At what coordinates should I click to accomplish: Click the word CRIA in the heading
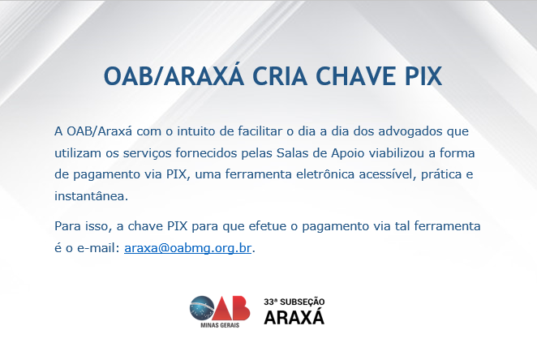pyautogui.click(x=280, y=76)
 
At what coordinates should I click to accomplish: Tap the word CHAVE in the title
pyautogui.click(x=356, y=76)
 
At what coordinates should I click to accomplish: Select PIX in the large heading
pyautogui.click(x=423, y=76)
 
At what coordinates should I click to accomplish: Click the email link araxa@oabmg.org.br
pyautogui.click(x=187, y=248)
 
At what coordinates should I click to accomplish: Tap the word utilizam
pyautogui.click(x=77, y=153)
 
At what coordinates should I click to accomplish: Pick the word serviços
pyautogui.click(x=147, y=154)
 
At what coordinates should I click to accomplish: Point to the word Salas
pyautogui.click(x=292, y=153)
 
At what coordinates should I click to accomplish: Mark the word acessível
pyautogui.click(x=388, y=174)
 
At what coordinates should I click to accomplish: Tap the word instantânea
pyautogui.click(x=91, y=196)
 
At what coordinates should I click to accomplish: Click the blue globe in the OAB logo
pyautogui.click(x=202, y=309)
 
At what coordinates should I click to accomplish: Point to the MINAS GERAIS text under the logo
pyautogui.click(x=220, y=325)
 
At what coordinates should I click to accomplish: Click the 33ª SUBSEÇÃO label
pyautogui.click(x=294, y=302)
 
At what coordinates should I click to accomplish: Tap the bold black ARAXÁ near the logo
pyautogui.click(x=294, y=316)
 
